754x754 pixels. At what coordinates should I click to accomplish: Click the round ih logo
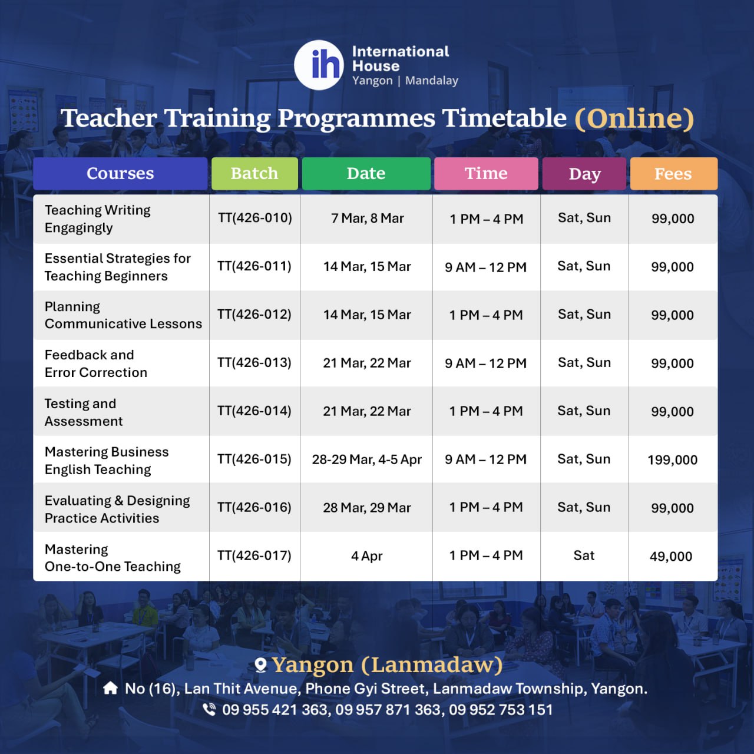[x=319, y=65]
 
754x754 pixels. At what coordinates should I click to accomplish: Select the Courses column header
[x=120, y=173]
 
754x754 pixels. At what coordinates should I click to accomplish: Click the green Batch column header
[x=254, y=173]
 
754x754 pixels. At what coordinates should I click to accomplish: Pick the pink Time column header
[x=486, y=173]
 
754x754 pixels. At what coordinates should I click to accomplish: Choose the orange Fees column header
[x=673, y=173]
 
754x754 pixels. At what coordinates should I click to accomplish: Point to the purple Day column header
[x=584, y=173]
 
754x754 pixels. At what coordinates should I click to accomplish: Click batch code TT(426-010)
[x=254, y=217]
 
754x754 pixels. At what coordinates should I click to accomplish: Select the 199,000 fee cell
[x=672, y=459]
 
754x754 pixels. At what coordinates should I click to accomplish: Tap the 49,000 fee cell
[x=671, y=556]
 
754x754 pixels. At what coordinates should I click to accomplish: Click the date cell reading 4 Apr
[x=366, y=556]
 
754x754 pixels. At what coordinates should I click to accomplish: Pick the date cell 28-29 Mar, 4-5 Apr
[x=366, y=459]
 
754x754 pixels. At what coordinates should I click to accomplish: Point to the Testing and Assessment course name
[x=83, y=412]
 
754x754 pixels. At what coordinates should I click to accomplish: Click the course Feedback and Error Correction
[x=96, y=363]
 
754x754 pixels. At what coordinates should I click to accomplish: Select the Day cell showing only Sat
[x=584, y=555]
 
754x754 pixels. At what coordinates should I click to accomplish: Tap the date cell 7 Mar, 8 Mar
[x=367, y=218]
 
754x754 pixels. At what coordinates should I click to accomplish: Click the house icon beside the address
[x=110, y=688]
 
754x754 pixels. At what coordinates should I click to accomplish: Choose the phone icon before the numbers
[x=209, y=709]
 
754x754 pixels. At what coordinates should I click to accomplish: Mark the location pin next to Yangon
[x=260, y=665]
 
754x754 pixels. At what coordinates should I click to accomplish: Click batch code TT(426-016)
[x=254, y=507]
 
